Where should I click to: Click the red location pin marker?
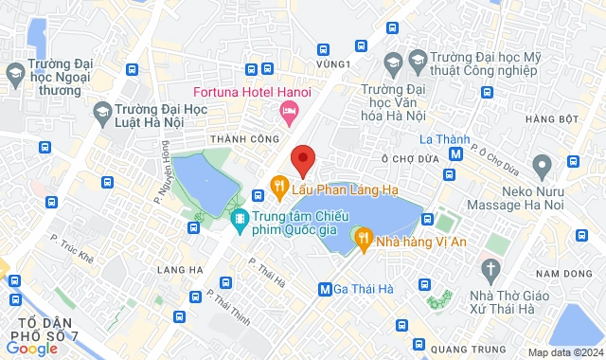pyautogui.click(x=303, y=160)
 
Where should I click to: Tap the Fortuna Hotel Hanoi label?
pyautogui.click(x=253, y=92)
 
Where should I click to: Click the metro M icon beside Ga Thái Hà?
pyautogui.click(x=326, y=289)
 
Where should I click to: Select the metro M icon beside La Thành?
pyautogui.click(x=456, y=152)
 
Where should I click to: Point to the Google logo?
pyautogui.click(x=31, y=349)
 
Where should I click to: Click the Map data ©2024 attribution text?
pyautogui.click(x=564, y=352)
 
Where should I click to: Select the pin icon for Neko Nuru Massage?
pyautogui.click(x=543, y=169)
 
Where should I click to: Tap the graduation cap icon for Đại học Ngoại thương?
pyautogui.click(x=14, y=72)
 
